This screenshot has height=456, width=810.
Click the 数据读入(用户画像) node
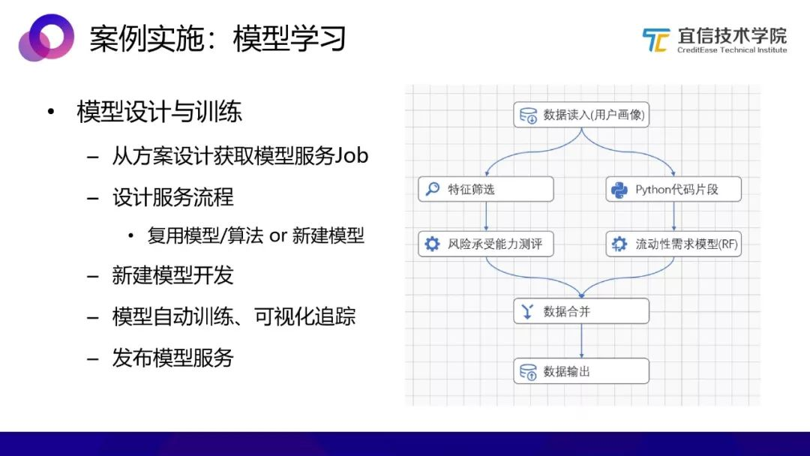click(581, 115)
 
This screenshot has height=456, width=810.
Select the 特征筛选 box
click(485, 189)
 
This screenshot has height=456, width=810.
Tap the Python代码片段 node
click(673, 189)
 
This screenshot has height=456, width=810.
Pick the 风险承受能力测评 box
click(485, 244)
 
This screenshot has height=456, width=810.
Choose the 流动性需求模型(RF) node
click(673, 244)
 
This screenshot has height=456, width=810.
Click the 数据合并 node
click(581, 311)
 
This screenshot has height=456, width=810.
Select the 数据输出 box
click(581, 370)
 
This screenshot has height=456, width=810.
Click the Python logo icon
click(619, 190)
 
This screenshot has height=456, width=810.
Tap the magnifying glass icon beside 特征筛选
click(433, 189)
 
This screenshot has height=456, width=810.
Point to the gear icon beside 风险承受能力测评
click(432, 244)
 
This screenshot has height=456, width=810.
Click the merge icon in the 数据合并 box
click(527, 311)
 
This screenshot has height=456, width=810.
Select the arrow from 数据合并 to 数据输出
click(581, 340)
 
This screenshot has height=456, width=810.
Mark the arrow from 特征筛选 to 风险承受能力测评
click(486, 217)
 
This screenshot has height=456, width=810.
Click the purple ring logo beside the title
click(46, 37)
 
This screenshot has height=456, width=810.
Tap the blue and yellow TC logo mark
click(655, 40)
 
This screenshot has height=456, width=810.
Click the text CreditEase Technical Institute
click(732, 50)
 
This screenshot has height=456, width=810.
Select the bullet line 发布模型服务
click(173, 357)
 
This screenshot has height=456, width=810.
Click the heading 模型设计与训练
click(159, 112)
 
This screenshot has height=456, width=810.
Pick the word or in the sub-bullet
click(278, 236)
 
